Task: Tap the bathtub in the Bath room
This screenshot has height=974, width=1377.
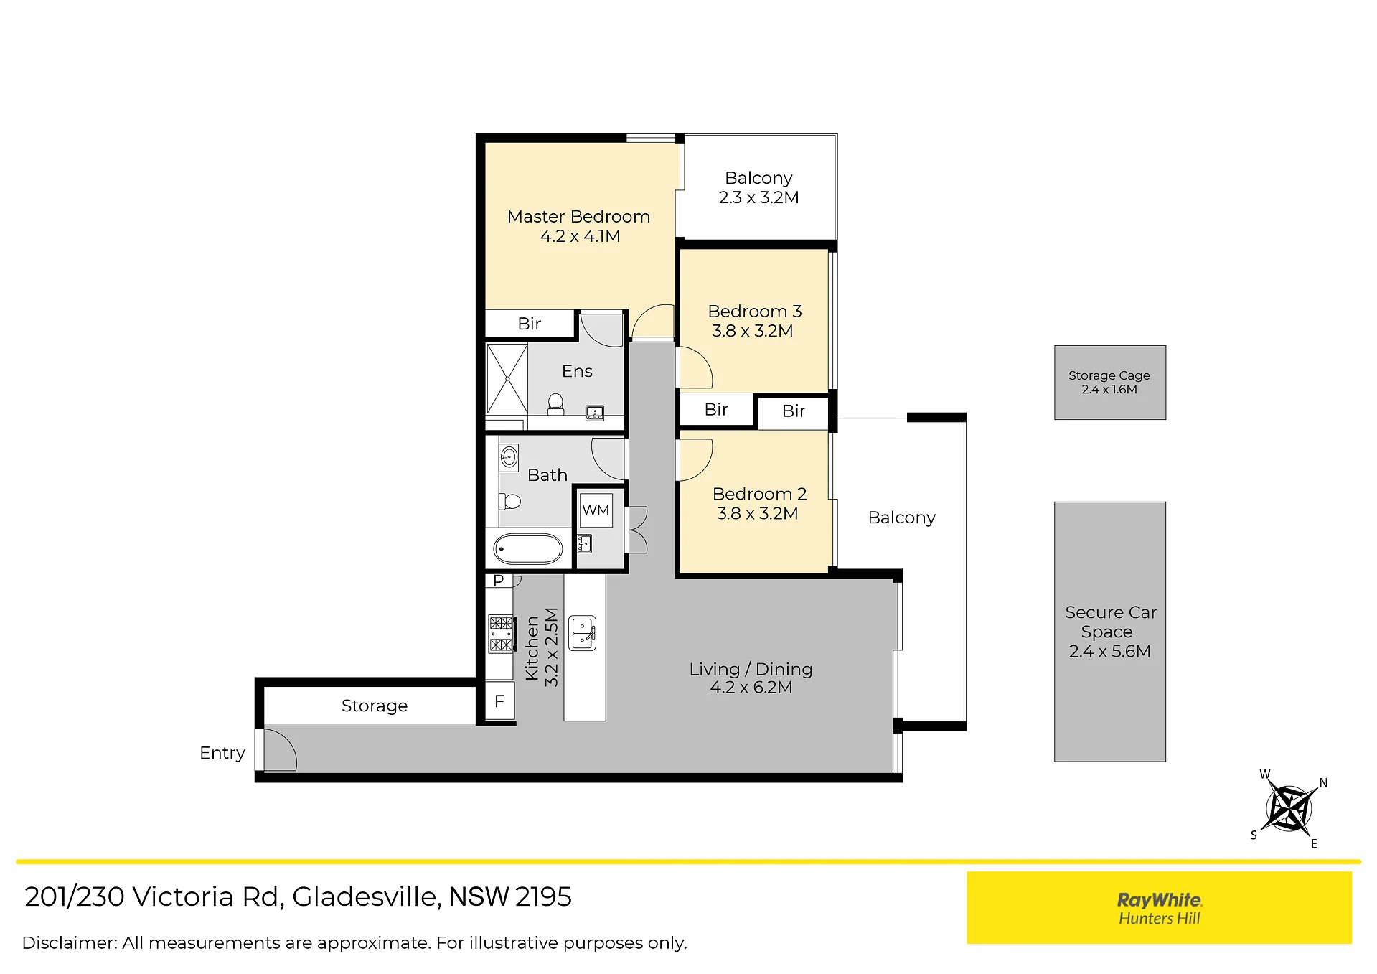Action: (528, 549)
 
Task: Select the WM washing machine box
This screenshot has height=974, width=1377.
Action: (596, 510)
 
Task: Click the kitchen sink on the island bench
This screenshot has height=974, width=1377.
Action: (583, 633)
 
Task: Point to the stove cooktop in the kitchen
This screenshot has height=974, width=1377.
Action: (502, 633)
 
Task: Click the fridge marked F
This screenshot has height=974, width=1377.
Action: (499, 701)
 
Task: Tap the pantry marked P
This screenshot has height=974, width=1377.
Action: (499, 580)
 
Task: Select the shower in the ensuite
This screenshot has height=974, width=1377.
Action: (507, 378)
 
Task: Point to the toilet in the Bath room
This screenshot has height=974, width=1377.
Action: (509, 500)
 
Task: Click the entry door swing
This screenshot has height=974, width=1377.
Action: (280, 750)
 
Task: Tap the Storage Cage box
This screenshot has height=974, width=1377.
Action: (1109, 383)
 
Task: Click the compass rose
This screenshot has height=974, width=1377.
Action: (1289, 808)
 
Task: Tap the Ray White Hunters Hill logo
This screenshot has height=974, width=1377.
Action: (1159, 908)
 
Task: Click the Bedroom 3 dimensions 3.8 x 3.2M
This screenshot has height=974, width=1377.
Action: (752, 331)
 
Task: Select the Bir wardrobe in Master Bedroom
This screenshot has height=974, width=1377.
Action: (530, 324)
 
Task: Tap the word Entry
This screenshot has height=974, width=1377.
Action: (222, 753)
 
